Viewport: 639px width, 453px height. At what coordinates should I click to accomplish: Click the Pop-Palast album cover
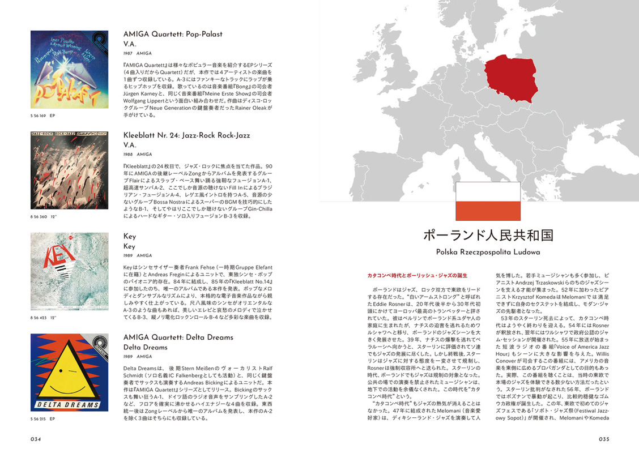(x=69, y=70)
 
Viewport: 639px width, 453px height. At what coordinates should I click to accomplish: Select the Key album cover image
(x=69, y=271)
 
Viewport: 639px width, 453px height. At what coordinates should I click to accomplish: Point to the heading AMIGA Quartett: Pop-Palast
(x=173, y=34)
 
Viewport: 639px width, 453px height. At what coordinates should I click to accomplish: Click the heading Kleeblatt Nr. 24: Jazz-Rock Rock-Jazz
(x=186, y=135)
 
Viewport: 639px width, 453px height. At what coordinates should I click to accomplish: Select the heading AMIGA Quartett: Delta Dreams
(x=178, y=337)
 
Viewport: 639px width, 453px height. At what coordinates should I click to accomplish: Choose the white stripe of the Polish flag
(x=488, y=192)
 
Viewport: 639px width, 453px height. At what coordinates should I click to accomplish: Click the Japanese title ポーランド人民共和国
(x=488, y=236)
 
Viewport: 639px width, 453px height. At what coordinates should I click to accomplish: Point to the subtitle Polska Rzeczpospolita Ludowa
(x=488, y=253)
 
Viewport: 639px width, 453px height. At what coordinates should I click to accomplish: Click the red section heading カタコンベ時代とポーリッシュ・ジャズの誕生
(x=417, y=276)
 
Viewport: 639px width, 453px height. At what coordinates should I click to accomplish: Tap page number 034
(x=37, y=439)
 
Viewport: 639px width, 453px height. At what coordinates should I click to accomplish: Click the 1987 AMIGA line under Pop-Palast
(x=137, y=53)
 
